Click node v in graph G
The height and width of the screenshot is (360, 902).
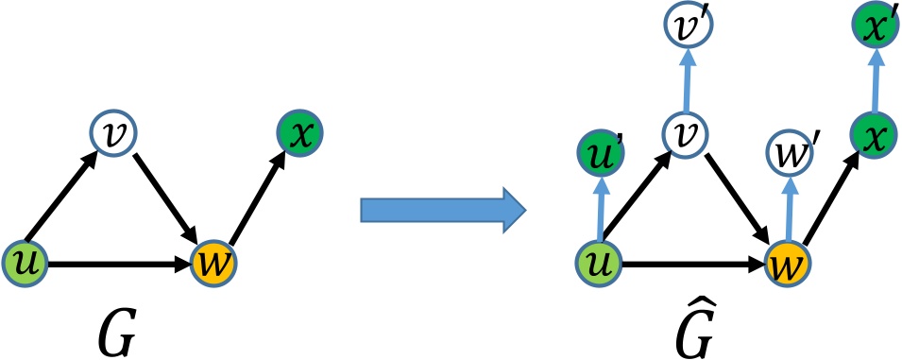click(111, 131)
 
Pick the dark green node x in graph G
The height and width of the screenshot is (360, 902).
click(298, 132)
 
